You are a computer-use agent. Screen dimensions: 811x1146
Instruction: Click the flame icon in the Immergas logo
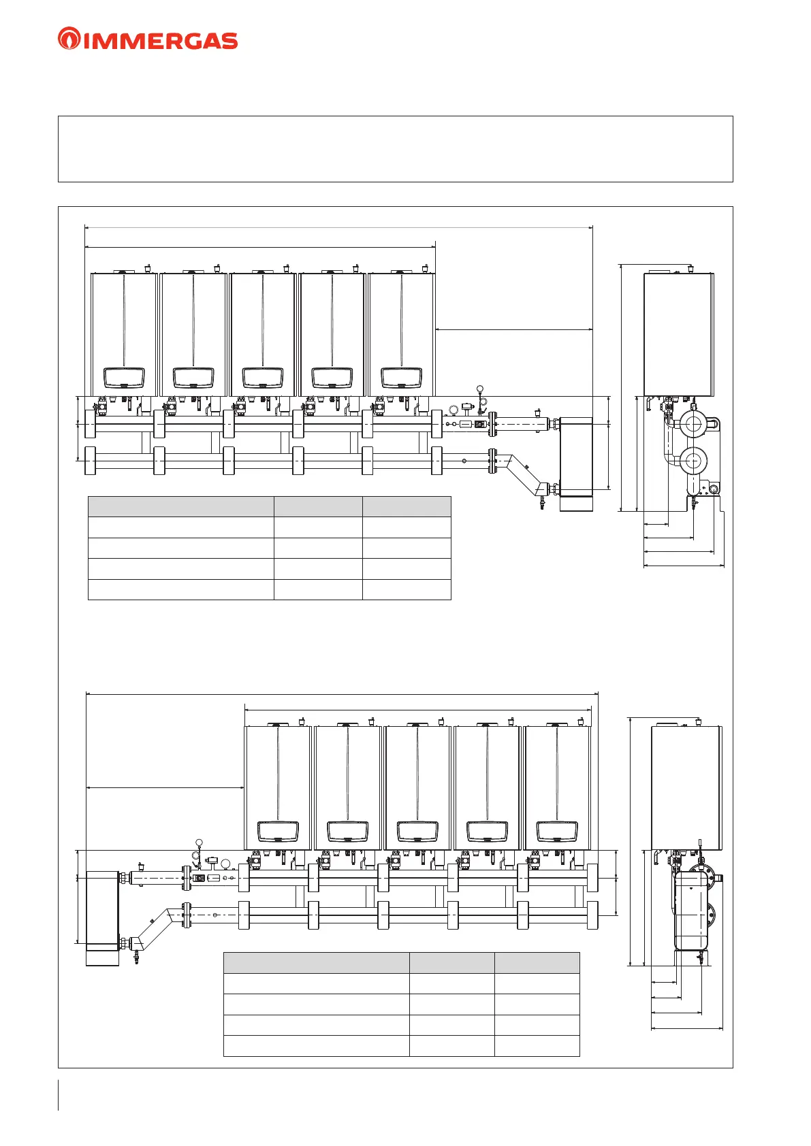click(x=69, y=39)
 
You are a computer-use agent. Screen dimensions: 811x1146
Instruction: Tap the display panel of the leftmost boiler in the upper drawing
click(x=124, y=378)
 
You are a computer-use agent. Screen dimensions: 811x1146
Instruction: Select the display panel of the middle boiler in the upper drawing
click(x=263, y=378)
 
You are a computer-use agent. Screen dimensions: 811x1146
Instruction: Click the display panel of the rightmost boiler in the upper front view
click(x=401, y=378)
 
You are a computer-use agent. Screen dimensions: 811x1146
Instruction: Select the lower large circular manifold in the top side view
click(x=693, y=460)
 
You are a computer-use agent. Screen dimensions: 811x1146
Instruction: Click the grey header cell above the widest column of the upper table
click(x=181, y=507)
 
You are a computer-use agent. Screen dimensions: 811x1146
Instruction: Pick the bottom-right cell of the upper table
click(x=407, y=589)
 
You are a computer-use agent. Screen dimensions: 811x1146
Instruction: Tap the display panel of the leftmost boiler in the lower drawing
click(x=278, y=832)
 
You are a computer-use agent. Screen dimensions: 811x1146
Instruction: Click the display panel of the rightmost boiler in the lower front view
click(x=557, y=832)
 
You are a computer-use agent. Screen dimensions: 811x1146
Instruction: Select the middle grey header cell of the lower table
click(x=451, y=963)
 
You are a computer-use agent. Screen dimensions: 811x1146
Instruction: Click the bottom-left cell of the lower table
click(x=317, y=1046)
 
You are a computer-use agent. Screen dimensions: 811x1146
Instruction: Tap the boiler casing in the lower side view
click(x=686, y=788)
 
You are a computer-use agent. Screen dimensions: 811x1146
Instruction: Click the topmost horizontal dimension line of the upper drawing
click(x=339, y=227)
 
